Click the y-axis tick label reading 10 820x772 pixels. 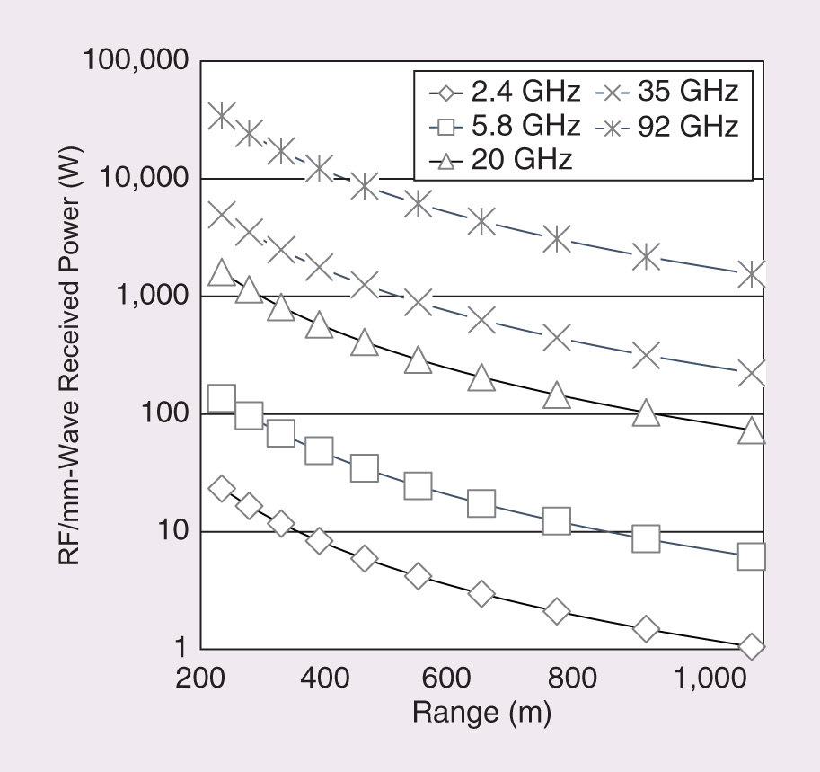172,532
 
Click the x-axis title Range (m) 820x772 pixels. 481,713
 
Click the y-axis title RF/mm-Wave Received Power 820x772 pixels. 74,355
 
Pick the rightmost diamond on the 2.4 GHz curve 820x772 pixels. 753,647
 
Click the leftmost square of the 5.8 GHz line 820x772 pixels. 222,398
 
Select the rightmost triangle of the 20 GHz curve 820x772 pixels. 753,432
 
